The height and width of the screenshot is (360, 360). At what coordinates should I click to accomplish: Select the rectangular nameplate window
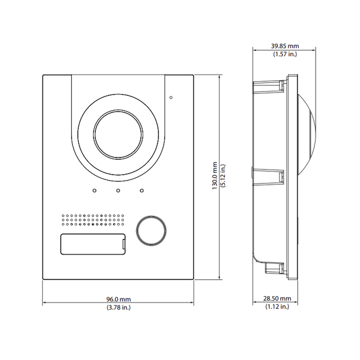(x=92, y=243)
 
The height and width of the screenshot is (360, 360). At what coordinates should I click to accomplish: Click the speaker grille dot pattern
(x=94, y=221)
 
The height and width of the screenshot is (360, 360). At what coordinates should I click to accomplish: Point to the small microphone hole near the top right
(x=171, y=97)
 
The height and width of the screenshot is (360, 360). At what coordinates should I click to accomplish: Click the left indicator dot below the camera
(x=94, y=191)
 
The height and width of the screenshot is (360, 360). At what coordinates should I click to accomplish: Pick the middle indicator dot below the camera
(x=118, y=191)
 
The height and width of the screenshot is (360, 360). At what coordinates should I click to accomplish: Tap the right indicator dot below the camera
(x=142, y=191)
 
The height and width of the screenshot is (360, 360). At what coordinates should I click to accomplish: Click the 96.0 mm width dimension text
(x=118, y=299)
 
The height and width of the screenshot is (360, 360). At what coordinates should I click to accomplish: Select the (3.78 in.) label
(x=118, y=307)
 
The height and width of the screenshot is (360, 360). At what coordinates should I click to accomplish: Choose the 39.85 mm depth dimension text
(x=285, y=45)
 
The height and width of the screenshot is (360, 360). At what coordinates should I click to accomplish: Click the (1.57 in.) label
(x=285, y=54)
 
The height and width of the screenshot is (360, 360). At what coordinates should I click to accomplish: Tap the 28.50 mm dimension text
(x=277, y=299)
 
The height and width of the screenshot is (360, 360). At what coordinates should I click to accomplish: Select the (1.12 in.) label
(x=277, y=307)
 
